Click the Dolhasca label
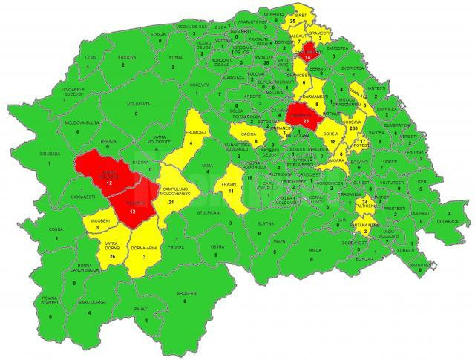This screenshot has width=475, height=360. [x=448, y=221]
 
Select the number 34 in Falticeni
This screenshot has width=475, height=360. [x=365, y=202]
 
